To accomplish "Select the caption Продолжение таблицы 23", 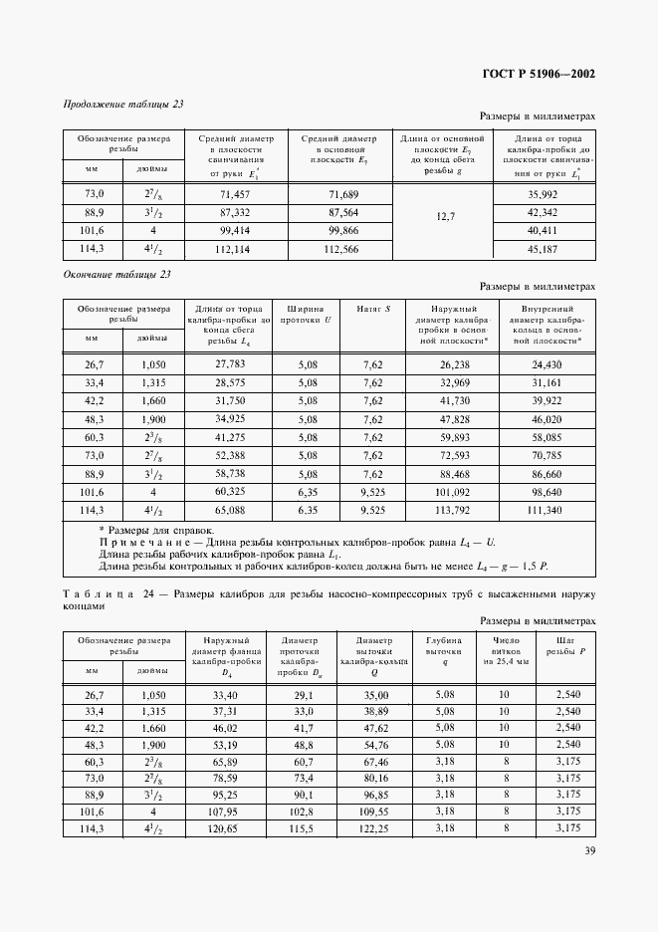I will point(123,103).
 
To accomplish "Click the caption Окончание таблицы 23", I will point(117,274).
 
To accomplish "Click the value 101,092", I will point(453,491).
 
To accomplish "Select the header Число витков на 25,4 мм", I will point(506,651).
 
